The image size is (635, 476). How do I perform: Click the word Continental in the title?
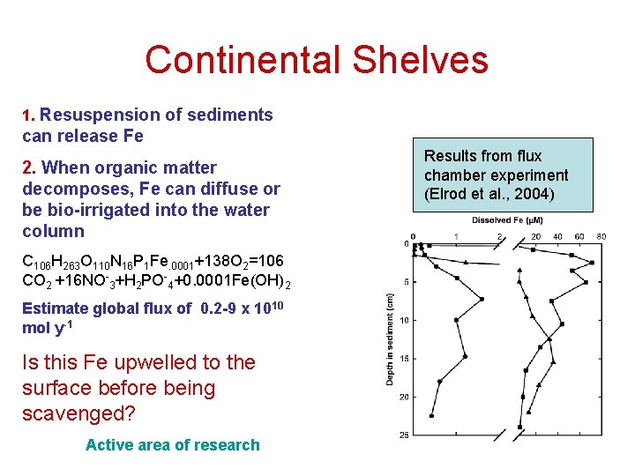pyautogui.click(x=242, y=60)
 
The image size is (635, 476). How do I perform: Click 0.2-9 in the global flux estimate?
pyautogui.click(x=224, y=309)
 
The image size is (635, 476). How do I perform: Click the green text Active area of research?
pyautogui.click(x=173, y=445)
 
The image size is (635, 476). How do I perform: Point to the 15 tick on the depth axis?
pyautogui.click(x=404, y=358)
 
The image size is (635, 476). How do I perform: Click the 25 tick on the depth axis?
pyautogui.click(x=404, y=435)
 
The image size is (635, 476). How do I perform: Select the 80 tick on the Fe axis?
pyautogui.click(x=601, y=236)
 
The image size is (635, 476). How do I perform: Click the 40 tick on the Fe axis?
pyautogui.click(x=558, y=236)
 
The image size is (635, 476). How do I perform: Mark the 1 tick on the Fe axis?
pyautogui.click(x=456, y=236)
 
